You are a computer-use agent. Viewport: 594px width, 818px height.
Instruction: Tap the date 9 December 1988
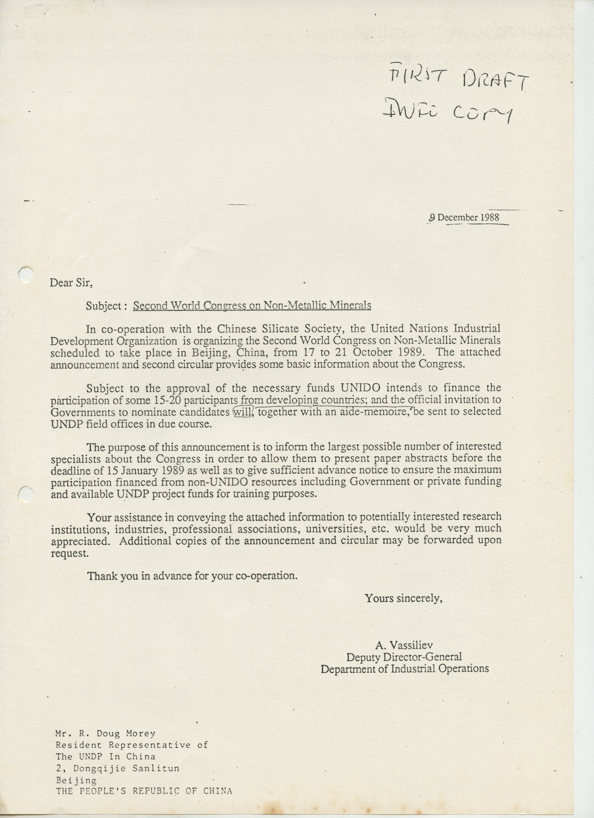[x=464, y=218]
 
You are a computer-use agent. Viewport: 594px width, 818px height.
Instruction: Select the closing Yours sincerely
[x=403, y=598]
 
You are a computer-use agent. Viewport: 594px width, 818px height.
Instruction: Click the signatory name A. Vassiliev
[x=404, y=645]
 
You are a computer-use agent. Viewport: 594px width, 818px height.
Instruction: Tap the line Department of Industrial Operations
[x=404, y=669]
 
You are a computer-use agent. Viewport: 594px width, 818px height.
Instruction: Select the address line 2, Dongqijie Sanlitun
[x=118, y=758]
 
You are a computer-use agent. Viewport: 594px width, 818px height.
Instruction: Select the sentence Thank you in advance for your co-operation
[x=193, y=575]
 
